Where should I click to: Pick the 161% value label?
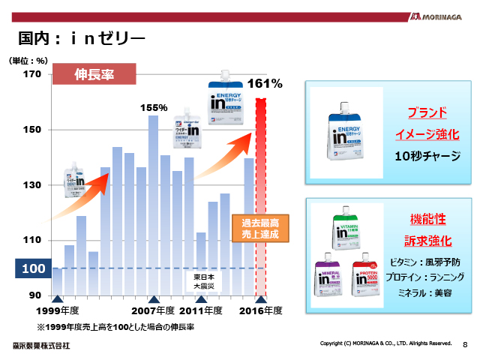[264, 84]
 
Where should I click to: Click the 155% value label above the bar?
[154, 107]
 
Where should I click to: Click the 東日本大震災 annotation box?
[200, 281]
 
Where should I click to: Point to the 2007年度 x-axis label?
[153, 310]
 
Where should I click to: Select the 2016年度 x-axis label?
[260, 310]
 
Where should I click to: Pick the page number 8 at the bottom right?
[465, 344]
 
